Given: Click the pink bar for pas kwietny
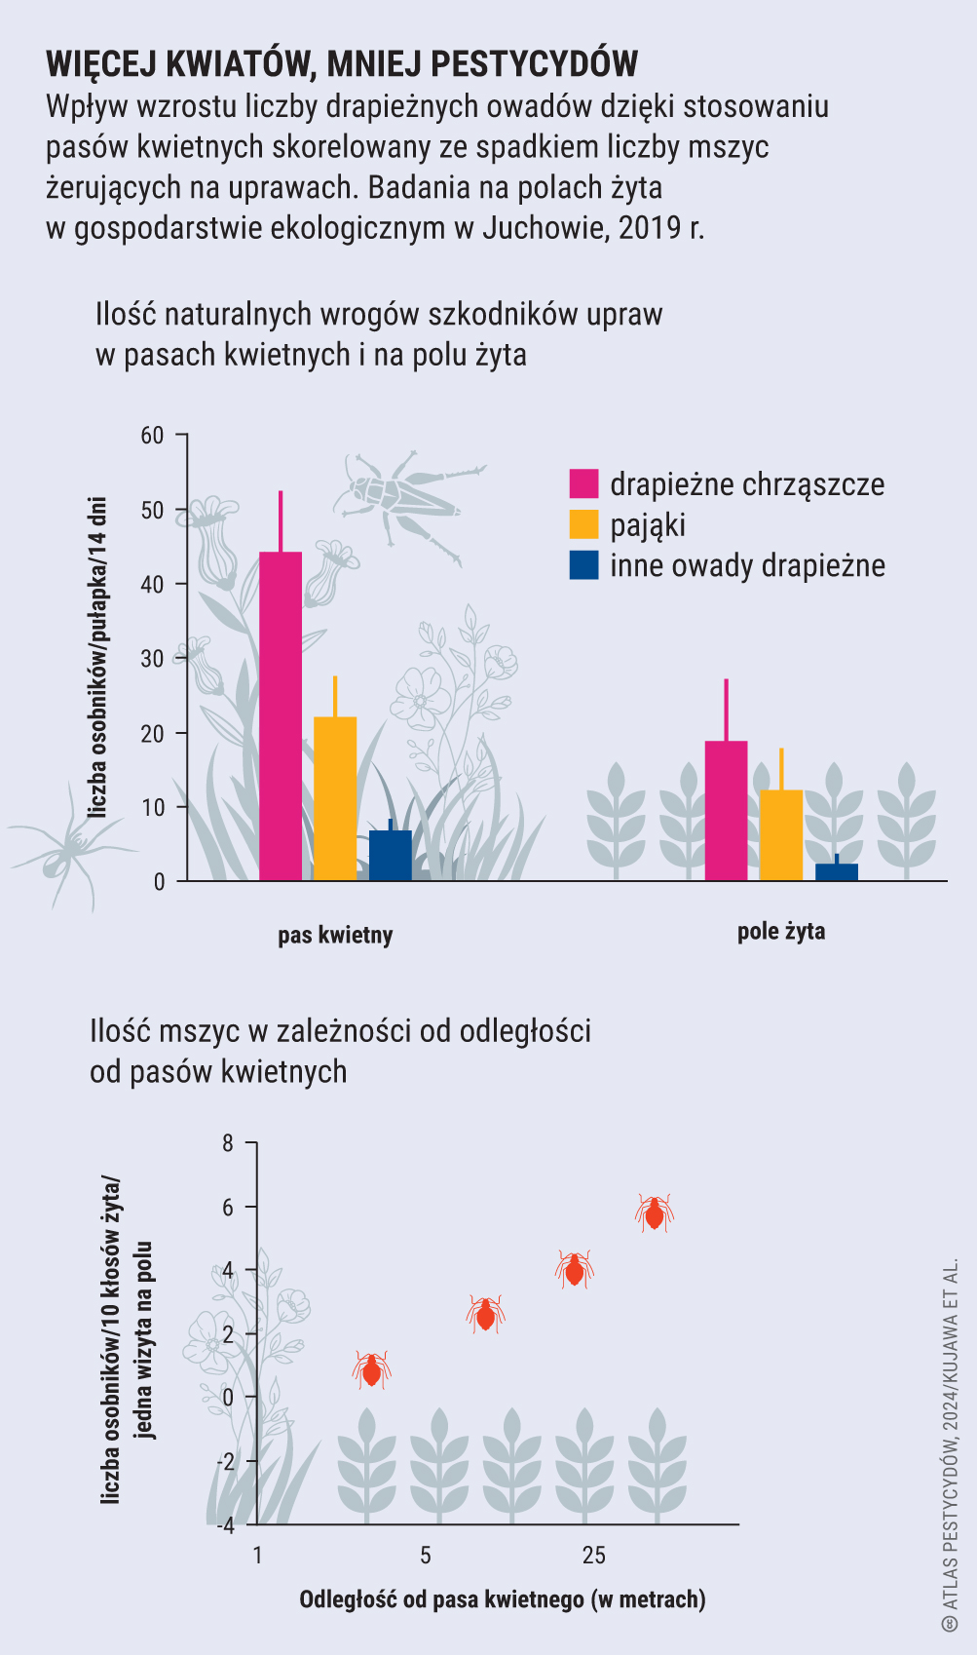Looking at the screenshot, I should pos(281,716).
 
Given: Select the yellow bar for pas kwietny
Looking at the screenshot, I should pos(335,799).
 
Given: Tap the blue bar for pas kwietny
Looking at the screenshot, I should pos(391,856).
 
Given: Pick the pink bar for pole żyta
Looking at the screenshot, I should pos(726,811).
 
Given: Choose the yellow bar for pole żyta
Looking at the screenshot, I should pos(781,835).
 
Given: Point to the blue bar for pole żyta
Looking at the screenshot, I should pos(837,871).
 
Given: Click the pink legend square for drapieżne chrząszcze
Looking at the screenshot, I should pos(583,483).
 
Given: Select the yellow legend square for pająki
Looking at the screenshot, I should pos(583,524).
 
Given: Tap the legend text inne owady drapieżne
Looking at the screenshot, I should pos(747,565).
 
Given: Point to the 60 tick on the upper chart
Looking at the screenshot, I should pos(153,435).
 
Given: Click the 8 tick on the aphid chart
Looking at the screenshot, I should pos(228,1142).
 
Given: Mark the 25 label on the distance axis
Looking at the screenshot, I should pos(593,1555).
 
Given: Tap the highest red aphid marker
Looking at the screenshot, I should pos(655,1212).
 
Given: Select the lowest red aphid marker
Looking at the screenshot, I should pos(371,1369).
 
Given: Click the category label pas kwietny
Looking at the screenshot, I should pos(335,936).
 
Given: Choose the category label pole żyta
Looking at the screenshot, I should pos(781,932).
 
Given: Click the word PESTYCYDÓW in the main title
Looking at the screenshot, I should pos(534,63).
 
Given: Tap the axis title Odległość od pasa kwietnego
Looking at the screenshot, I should pos(502,1599).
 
